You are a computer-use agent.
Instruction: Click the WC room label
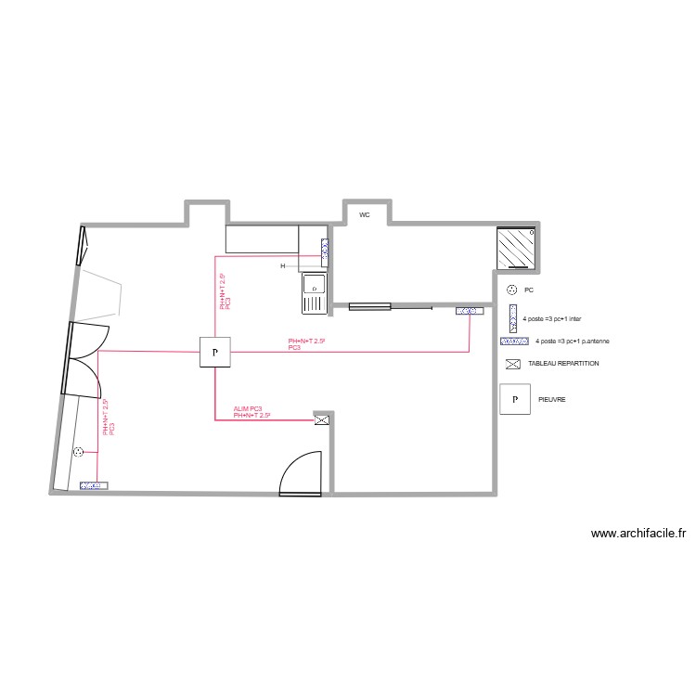(365, 214)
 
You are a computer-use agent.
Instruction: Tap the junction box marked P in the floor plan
(215, 353)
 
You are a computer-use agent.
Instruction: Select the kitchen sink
(314, 290)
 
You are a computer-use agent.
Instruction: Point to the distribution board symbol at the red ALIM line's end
(322, 420)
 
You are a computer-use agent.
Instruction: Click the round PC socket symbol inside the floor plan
(79, 452)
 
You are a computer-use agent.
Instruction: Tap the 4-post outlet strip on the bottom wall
(93, 484)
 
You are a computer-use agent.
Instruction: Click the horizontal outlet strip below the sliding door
(468, 312)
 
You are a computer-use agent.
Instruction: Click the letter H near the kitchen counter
(283, 266)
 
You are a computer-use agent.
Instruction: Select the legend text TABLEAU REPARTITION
(563, 364)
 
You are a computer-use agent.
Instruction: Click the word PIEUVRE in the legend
(552, 400)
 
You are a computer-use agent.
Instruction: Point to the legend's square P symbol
(513, 400)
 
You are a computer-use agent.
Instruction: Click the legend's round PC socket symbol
(511, 290)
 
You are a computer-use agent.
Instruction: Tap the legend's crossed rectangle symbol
(511, 364)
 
